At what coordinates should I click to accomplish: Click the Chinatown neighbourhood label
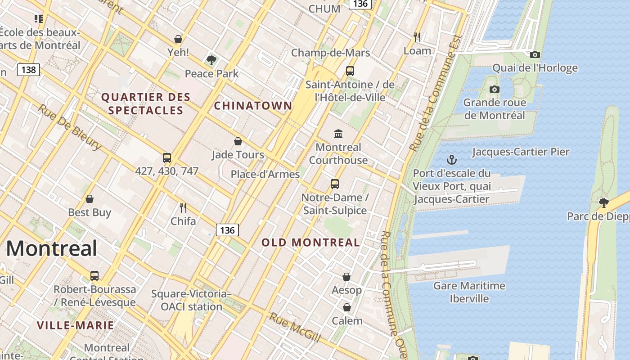(253, 106)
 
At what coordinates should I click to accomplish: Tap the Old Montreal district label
(310, 242)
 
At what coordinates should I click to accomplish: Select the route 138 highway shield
(28, 70)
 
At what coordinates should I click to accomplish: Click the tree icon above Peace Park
(211, 60)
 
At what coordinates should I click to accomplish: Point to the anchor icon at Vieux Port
(451, 159)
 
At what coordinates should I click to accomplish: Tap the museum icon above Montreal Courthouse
(338, 134)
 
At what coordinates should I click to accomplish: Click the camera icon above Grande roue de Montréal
(495, 89)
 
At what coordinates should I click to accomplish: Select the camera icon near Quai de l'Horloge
(535, 54)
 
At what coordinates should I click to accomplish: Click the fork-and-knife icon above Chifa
(183, 207)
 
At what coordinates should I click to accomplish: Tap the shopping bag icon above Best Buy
(90, 199)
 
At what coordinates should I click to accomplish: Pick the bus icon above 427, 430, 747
(167, 158)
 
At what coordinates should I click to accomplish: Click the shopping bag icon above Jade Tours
(238, 141)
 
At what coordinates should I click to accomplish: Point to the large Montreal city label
(51, 248)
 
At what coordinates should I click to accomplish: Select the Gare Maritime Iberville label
(469, 292)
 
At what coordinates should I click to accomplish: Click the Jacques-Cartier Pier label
(520, 152)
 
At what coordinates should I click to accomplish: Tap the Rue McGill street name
(294, 327)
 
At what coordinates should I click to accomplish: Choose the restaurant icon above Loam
(417, 37)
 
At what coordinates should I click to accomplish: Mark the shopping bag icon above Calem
(346, 307)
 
